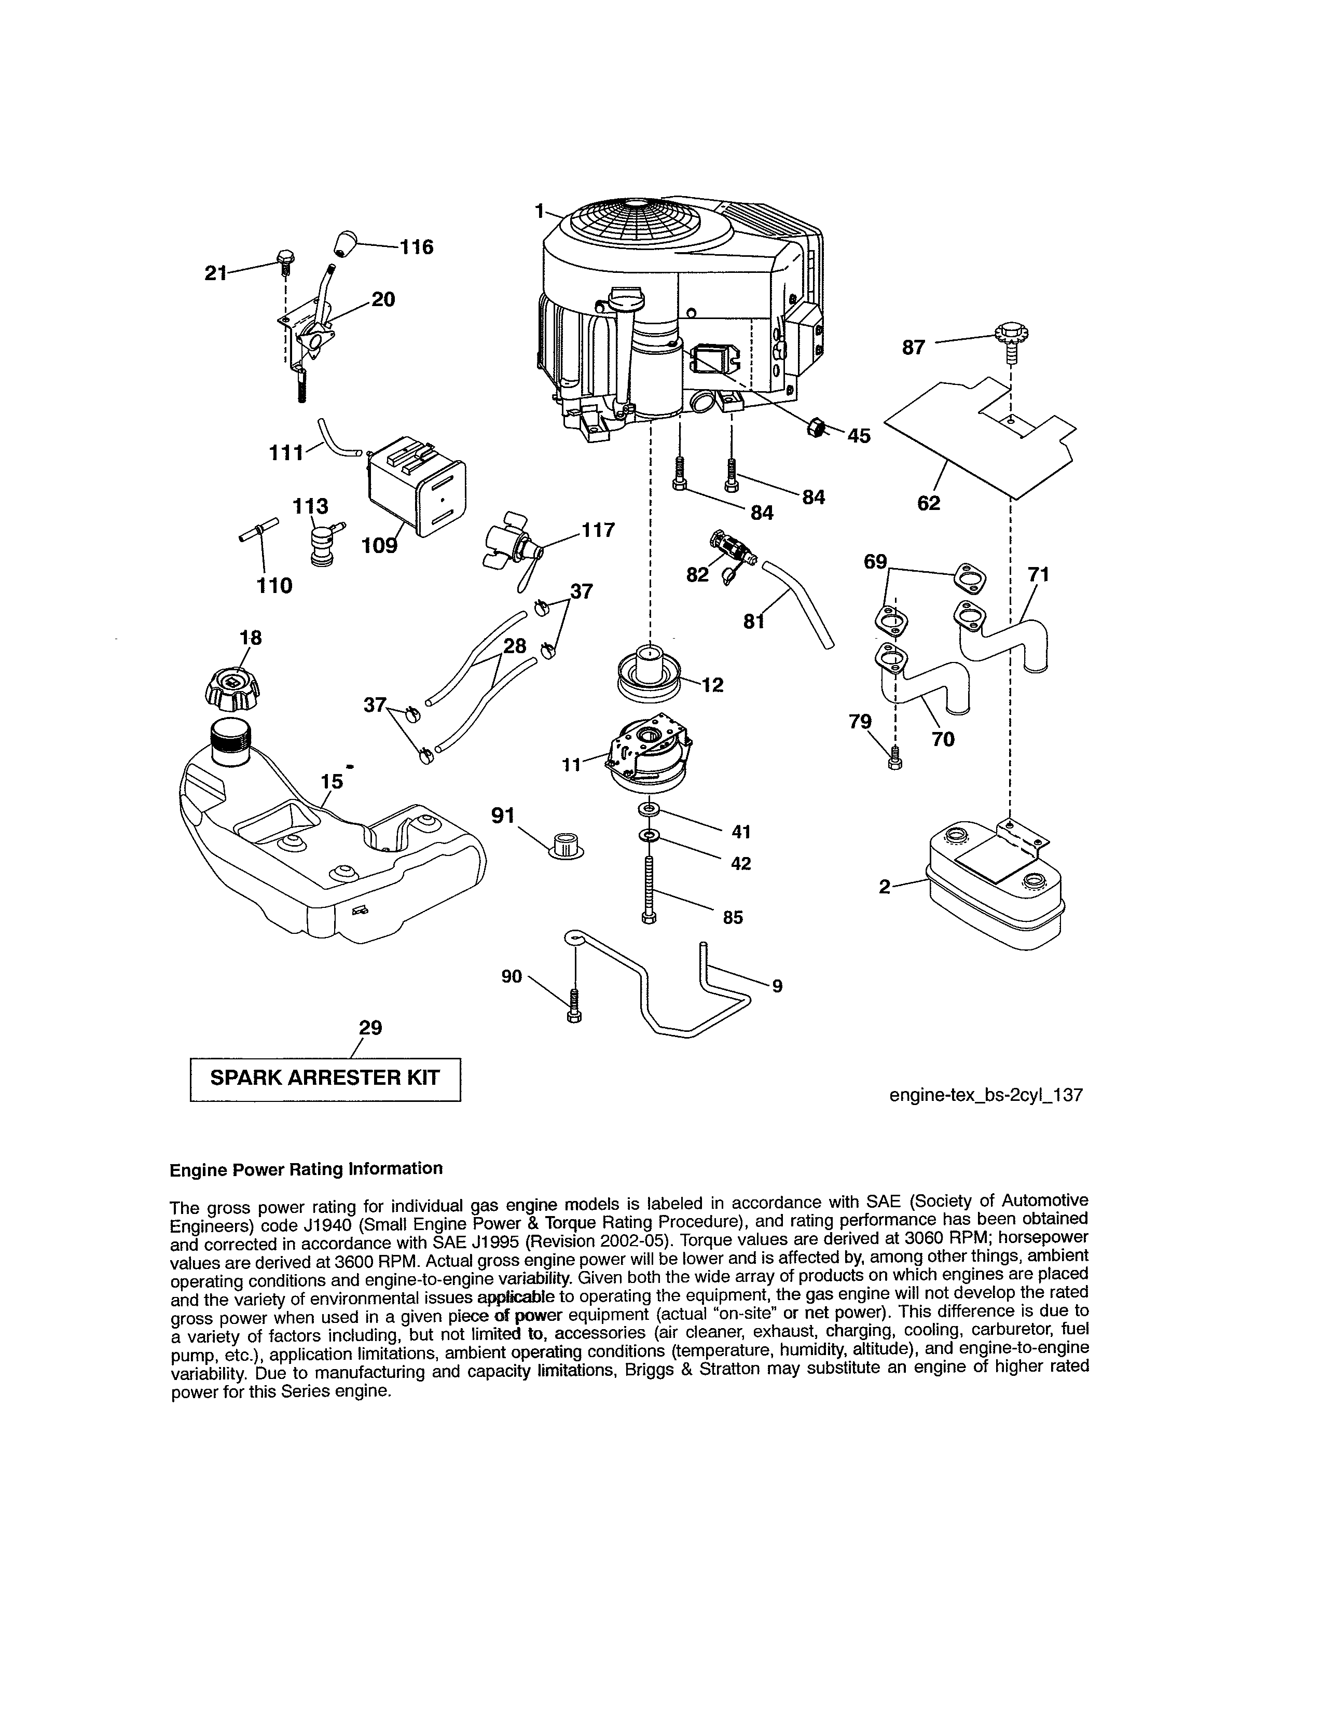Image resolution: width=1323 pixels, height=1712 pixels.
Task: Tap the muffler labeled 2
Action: pyautogui.click(x=996, y=890)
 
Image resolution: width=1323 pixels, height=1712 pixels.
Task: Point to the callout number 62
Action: pyautogui.click(x=928, y=503)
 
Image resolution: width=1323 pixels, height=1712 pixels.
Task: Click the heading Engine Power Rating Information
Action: pyautogui.click(x=306, y=1169)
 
